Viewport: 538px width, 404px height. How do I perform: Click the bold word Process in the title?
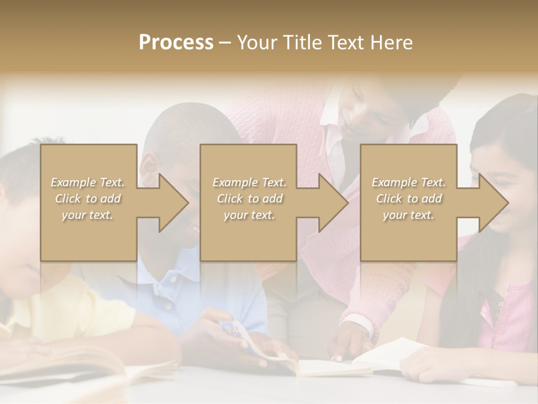[176, 42]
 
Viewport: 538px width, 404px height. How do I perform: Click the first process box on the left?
[89, 203]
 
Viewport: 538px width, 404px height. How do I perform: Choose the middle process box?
[248, 203]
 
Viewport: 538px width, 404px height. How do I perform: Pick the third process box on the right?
[408, 203]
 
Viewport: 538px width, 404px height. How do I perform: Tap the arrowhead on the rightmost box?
[493, 203]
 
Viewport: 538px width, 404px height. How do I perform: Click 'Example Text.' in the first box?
[87, 182]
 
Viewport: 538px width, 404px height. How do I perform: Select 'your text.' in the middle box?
[249, 215]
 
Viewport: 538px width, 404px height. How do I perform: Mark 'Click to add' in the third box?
[409, 199]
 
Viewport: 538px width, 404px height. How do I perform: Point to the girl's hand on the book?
[426, 368]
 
